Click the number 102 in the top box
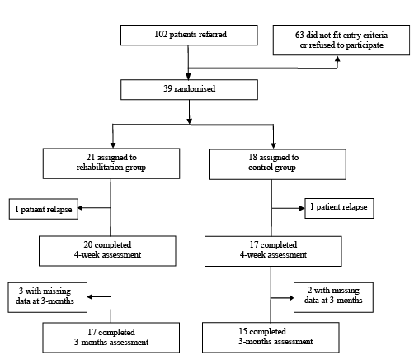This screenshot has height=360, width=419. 161,34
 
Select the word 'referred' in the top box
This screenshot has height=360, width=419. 213,34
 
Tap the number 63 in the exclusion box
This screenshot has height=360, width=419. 299,35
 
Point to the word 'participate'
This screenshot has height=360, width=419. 366,45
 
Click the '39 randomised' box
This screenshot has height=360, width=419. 189,90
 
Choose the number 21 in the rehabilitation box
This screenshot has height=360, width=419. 91,157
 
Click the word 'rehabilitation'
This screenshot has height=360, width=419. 100,167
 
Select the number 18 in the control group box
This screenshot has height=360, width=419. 252,157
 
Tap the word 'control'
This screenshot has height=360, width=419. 261,167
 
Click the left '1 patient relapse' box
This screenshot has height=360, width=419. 44,209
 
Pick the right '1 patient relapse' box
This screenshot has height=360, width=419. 339,208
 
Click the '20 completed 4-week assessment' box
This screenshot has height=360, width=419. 107,251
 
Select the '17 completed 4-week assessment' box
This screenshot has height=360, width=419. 273,251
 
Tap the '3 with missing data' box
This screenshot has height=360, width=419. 48,297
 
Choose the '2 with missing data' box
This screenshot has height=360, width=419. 333,297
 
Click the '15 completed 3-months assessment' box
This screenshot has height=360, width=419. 271,338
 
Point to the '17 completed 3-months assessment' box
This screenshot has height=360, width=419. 111,338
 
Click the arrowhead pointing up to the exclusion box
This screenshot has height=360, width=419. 337,59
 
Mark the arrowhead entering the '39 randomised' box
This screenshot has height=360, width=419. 188,76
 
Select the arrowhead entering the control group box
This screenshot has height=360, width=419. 273,145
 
